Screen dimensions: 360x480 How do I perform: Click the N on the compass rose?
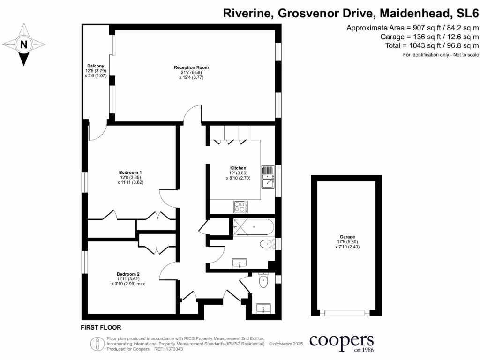[23, 45]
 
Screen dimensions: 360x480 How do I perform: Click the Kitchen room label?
[238, 168]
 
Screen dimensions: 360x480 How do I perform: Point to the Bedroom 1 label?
[130, 172]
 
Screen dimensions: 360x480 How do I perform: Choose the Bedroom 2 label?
[128, 274]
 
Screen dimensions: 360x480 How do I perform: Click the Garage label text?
[347, 237]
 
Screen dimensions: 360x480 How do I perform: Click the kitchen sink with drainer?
[268, 177]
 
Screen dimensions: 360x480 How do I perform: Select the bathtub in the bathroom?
[252, 227]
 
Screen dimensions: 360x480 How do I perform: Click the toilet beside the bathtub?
[267, 244]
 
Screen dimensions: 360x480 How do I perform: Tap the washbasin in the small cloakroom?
[264, 308]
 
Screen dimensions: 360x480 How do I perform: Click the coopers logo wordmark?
[342, 340]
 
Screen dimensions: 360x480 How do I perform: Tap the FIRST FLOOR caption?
[101, 328]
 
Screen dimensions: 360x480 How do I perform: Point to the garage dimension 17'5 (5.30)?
[347, 242]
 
